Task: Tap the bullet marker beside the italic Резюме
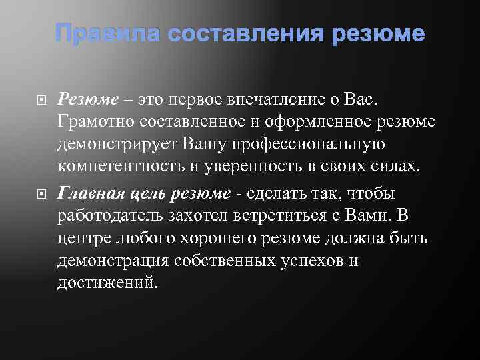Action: (x=39, y=100)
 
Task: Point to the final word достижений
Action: (x=108, y=283)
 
